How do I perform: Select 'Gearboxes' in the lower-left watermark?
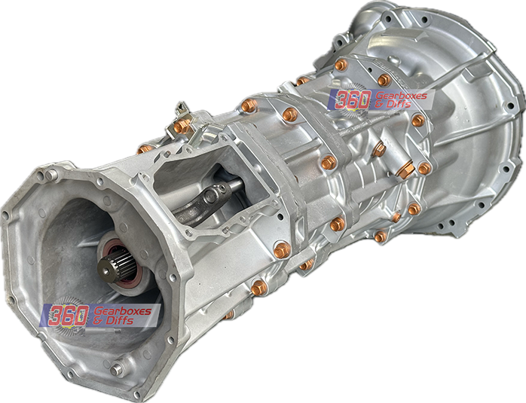[x=121, y=310]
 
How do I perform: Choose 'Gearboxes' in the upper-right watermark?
[x=401, y=96]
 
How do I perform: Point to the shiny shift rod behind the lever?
[x=230, y=186]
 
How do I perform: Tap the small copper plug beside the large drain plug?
[x=425, y=169]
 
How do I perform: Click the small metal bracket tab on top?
[x=181, y=111]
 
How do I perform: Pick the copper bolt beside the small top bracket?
[x=181, y=127]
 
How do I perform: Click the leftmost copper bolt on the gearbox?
[x=142, y=149]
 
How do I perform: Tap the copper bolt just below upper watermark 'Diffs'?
[x=417, y=121]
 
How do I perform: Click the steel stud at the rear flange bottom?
[x=117, y=370]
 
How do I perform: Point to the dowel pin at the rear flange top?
[x=50, y=175]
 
